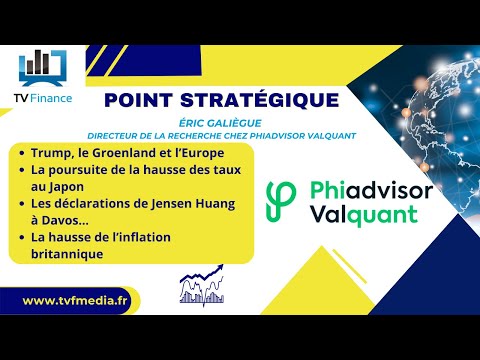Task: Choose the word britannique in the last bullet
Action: point(71,254)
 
